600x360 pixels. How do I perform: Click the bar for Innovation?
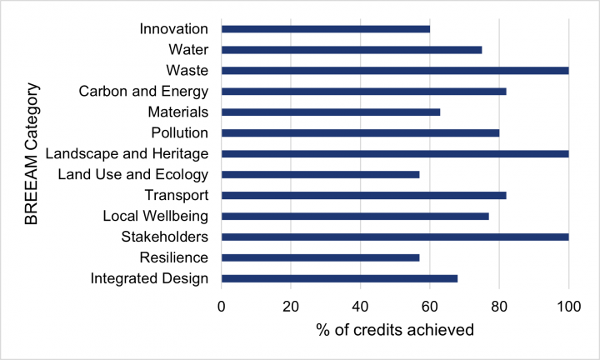(x=325, y=29)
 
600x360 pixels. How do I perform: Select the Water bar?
(x=351, y=50)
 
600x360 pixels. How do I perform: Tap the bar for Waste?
(x=394, y=70)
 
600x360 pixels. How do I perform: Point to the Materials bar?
(x=330, y=112)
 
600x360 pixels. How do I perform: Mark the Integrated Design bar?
(x=339, y=277)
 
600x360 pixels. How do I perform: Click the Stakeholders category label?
(x=160, y=237)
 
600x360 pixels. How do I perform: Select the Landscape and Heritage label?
(x=127, y=153)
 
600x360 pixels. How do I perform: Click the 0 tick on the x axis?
(x=222, y=306)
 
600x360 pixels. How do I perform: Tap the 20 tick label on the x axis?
(x=291, y=306)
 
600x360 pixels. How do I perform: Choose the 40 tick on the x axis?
(x=360, y=306)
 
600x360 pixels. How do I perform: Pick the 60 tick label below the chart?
(x=430, y=306)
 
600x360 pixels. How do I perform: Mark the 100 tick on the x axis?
(x=568, y=306)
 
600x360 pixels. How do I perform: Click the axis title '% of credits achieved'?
(x=394, y=330)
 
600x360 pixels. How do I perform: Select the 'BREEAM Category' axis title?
(x=31, y=153)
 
